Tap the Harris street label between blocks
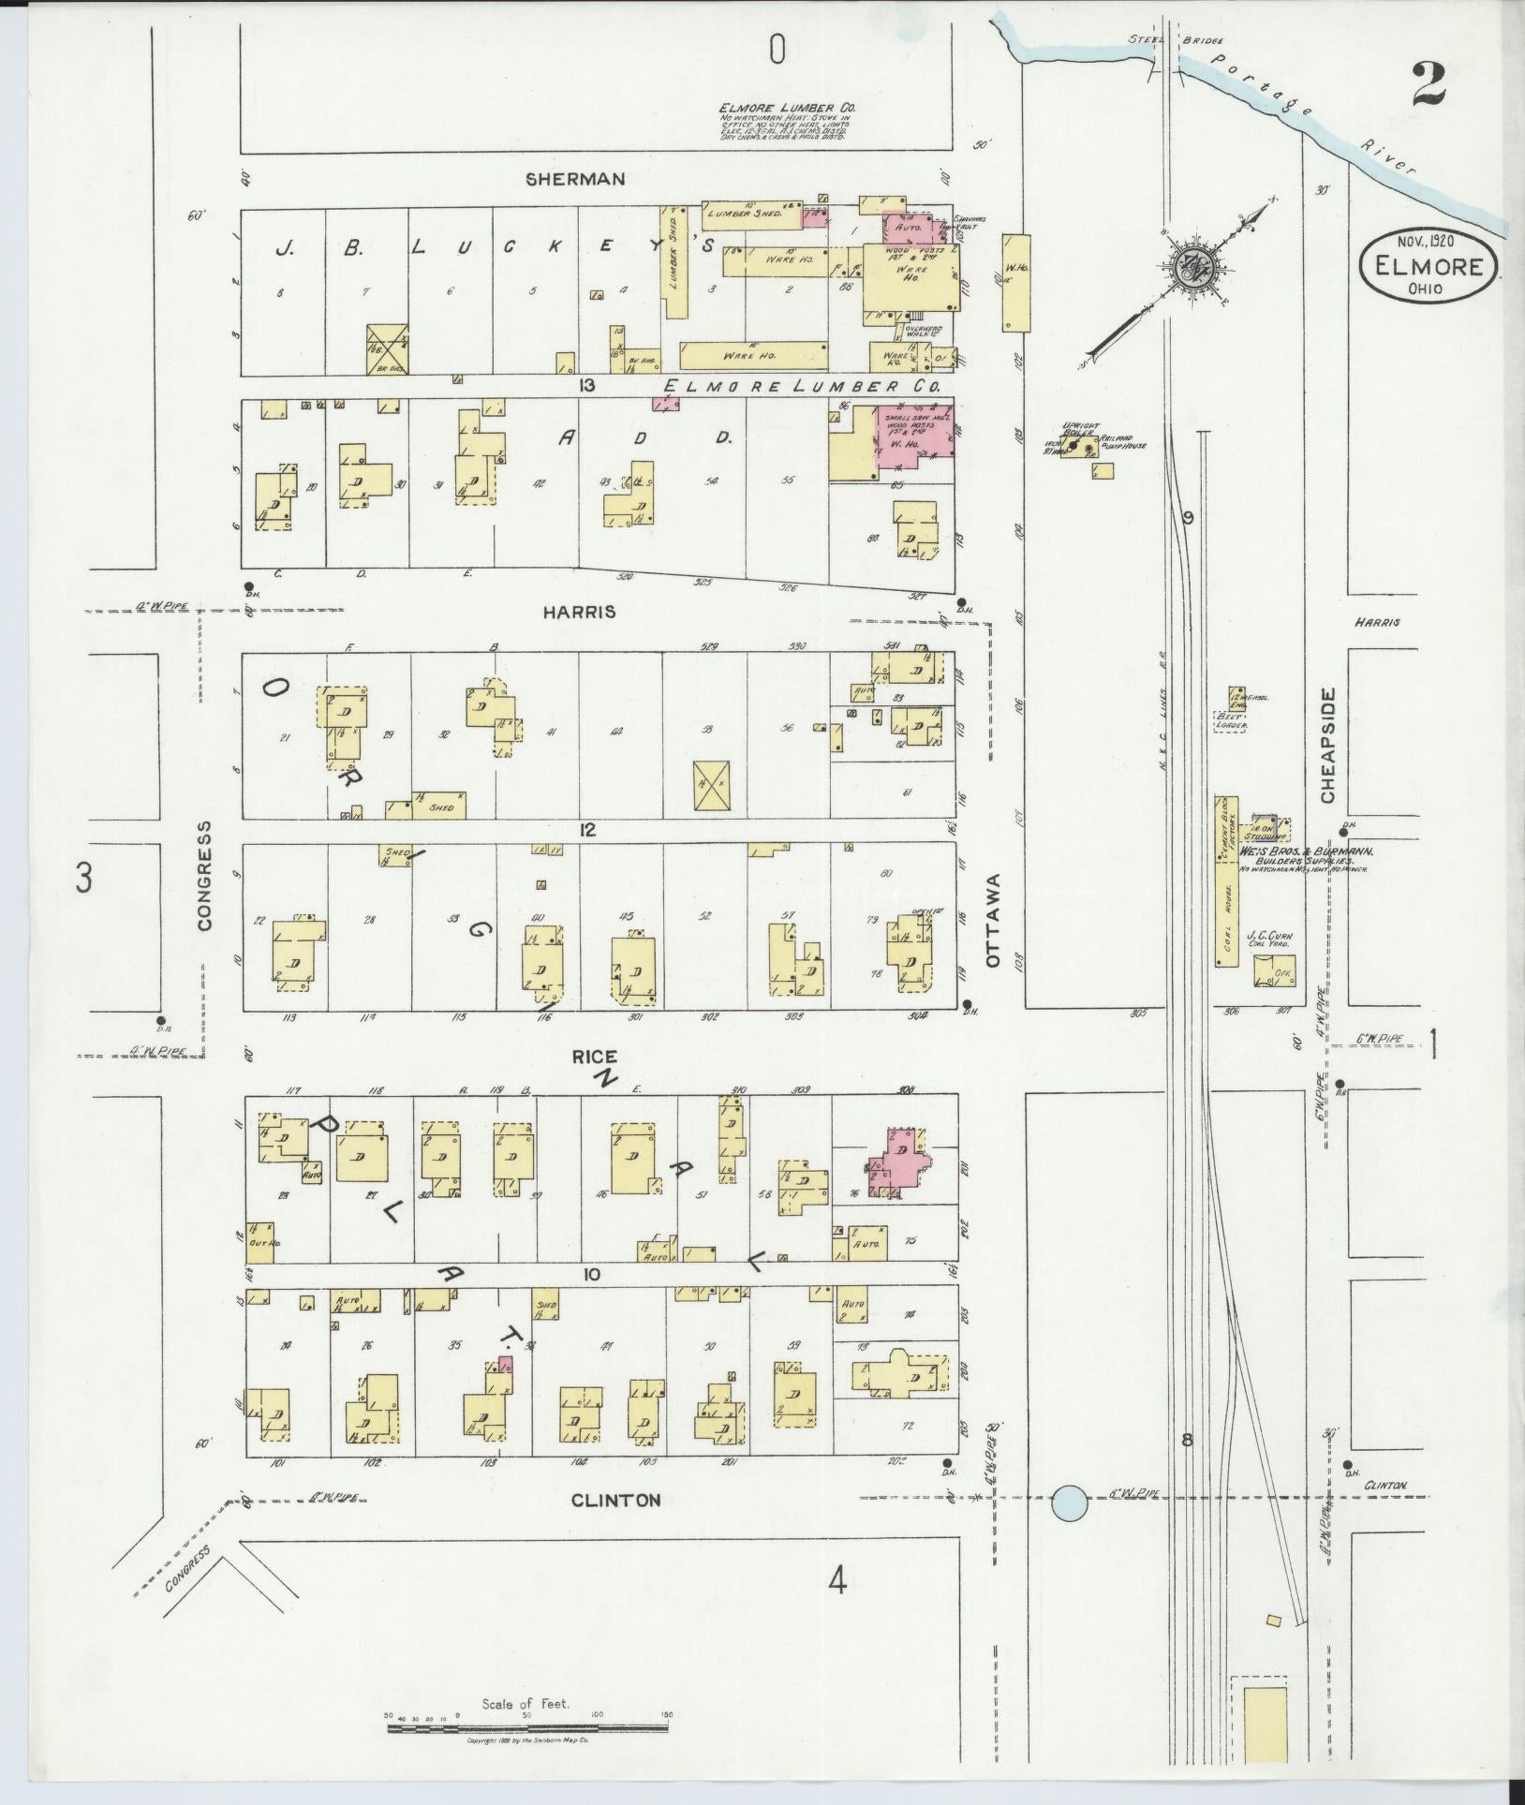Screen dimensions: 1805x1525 pyautogui.click(x=580, y=612)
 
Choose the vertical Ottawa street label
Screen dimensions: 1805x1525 pyautogui.click(x=993, y=920)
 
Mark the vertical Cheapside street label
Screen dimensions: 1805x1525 pyautogui.click(x=1327, y=745)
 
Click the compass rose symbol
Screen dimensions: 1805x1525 pyautogui.click(x=1197, y=267)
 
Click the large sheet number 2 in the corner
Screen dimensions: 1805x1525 pyautogui.click(x=1427, y=86)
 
